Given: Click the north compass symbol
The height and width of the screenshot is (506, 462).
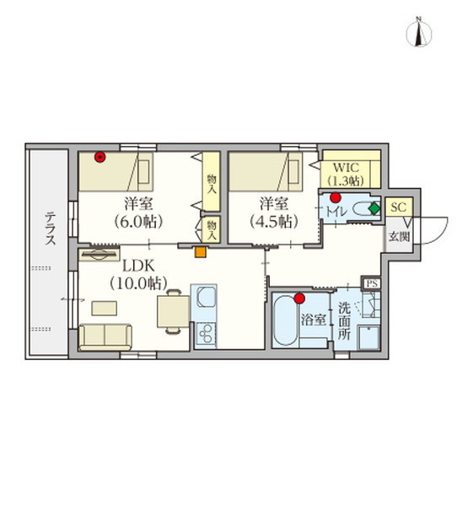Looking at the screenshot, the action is coord(419,32).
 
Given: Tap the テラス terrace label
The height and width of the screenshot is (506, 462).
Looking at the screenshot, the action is coord(50,229).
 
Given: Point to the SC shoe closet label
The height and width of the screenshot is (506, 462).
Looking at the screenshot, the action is coord(399,207).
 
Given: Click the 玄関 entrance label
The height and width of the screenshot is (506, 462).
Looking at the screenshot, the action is coord(399,236).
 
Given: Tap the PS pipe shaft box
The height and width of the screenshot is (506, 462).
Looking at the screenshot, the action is coord(372,283).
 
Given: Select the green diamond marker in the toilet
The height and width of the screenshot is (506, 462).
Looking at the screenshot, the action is coord(374,208).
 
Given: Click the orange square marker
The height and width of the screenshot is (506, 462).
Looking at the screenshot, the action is coord(201,252).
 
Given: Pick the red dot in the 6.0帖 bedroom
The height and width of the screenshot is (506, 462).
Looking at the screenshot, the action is coord(100,157).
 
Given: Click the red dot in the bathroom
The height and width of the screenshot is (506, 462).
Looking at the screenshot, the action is coord(300,299).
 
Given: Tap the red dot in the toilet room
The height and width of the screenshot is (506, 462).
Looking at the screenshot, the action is coord(336,197).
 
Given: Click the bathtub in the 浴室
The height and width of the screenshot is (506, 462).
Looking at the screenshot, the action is coord(286,320).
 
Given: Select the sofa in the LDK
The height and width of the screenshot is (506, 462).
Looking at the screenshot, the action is coord(105,337).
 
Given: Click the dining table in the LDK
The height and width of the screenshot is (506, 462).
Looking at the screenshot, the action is coord(174,311).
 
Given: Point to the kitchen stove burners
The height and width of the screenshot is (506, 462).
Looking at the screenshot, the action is coord(205,334).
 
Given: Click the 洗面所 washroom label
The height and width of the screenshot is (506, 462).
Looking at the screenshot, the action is coord(344,321).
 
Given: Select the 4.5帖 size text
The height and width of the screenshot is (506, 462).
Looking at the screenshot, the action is coord(274,222).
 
